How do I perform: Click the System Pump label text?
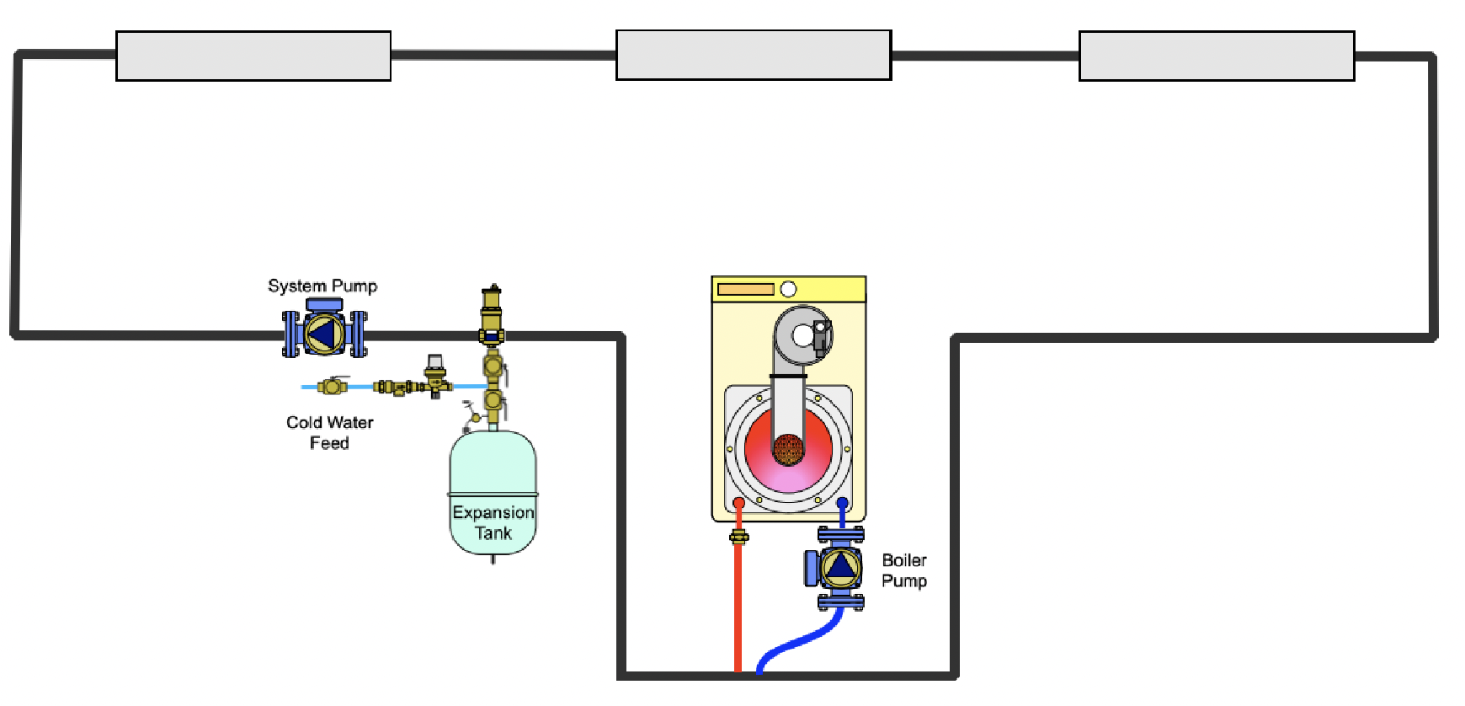pos(322,286)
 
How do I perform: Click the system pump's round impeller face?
pos(324,335)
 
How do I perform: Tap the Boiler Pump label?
pos(904,570)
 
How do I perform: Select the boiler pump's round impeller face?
pos(840,567)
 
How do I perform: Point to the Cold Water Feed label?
pos(329,432)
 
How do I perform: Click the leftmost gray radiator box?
pos(253,56)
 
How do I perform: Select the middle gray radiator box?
pos(754,56)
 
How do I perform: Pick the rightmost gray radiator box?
pos(1217,56)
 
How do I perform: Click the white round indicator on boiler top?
pos(788,290)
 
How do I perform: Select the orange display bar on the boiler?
pos(745,290)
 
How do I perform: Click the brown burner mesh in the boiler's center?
pos(789,450)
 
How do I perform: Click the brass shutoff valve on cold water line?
pos(333,387)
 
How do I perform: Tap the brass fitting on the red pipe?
pos(739,537)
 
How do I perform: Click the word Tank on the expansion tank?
pos(493,533)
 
